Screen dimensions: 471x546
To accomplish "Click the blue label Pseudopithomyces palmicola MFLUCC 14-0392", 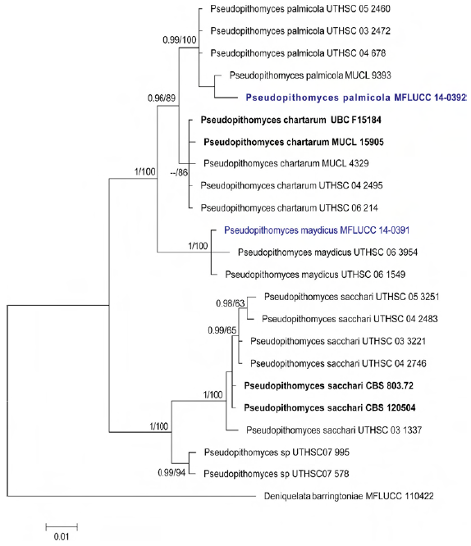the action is tap(356, 98).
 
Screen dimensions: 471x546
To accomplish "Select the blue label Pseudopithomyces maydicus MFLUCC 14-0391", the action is tap(317, 230).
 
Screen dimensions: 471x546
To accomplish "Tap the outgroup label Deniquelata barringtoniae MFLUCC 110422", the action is tap(349, 496).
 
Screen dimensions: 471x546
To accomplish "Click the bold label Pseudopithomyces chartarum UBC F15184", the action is tap(291, 121).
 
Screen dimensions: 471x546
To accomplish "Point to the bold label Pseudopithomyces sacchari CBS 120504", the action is tap(330, 407).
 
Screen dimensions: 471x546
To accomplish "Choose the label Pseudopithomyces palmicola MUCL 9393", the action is tap(310, 75).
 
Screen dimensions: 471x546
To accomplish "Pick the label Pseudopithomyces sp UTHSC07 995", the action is tap(277, 453).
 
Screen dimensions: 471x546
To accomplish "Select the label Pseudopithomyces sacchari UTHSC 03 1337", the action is tap(334, 430).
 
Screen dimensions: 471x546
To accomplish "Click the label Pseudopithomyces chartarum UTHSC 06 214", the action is tap(290, 208).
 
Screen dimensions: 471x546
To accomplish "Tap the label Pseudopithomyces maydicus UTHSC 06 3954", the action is tap(327, 253).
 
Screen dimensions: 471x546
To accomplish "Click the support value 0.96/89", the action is tap(162, 98).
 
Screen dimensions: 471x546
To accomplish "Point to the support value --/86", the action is tap(179, 172).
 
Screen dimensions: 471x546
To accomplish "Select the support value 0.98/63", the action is tap(231, 303).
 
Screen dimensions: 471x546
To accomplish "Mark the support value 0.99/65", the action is tap(222, 330).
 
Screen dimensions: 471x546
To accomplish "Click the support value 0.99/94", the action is tap(171, 472).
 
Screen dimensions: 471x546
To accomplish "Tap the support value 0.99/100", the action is tap(180, 40).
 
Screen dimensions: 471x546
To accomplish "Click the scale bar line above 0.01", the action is tap(62, 527).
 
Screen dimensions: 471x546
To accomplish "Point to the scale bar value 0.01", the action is tap(62, 537).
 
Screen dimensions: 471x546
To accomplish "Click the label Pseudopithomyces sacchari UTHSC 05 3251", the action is tap(351, 297).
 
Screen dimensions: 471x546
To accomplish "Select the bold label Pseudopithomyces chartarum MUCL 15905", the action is tap(294, 142).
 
